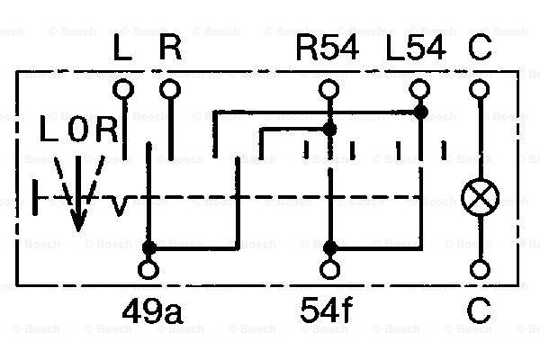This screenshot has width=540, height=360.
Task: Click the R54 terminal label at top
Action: pos(328,49)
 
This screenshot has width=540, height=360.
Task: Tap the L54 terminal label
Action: pos(416,49)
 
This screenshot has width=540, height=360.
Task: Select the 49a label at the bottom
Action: pos(152,311)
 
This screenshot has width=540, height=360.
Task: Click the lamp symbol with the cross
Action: pos(480,198)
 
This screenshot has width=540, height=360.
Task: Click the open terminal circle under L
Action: pos(123,89)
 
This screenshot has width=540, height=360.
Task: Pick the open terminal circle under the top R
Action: pos(170,89)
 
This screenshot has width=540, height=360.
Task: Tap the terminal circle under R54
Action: pos(328,89)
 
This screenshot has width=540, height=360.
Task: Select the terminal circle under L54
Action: pos(419,89)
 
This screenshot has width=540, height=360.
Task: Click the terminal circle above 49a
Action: pos(148,269)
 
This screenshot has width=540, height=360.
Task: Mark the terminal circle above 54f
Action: pos(329,269)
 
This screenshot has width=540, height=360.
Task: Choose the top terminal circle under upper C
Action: pos(480,89)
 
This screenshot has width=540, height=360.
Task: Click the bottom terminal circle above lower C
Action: pos(480,269)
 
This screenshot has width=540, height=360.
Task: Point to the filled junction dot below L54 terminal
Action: pos(420,112)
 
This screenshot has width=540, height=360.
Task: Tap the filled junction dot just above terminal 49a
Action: pos(149,247)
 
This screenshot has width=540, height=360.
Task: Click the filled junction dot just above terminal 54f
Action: pos(330,247)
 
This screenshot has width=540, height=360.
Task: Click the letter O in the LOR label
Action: pos(78,129)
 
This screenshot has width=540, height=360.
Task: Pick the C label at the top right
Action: pos(480,49)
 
